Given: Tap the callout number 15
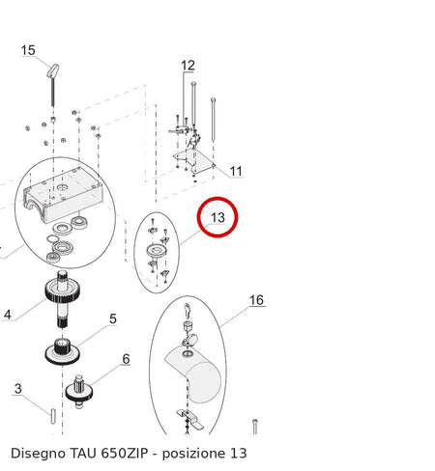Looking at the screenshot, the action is (x=28, y=50).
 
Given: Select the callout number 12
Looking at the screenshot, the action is (x=188, y=66).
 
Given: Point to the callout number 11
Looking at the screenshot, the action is (x=236, y=171).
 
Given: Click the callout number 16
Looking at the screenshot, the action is (x=256, y=300).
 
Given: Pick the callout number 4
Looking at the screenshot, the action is (x=8, y=315).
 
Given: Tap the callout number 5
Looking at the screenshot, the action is (x=113, y=319).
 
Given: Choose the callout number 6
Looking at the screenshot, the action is (x=126, y=359).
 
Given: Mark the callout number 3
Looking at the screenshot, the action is (x=18, y=389).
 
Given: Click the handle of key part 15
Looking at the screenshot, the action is (x=53, y=70).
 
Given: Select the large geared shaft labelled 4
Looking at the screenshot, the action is (x=62, y=299).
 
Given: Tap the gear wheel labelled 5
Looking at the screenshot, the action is (x=62, y=351).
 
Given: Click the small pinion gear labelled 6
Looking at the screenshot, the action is (x=79, y=391).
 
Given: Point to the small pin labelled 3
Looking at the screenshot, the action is (x=53, y=416).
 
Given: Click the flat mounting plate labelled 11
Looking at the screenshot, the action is (x=194, y=161).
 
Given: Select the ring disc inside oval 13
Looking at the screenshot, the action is (x=157, y=251).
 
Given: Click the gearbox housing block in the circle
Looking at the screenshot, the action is (x=62, y=195).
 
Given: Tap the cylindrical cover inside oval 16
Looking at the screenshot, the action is (x=194, y=374).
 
